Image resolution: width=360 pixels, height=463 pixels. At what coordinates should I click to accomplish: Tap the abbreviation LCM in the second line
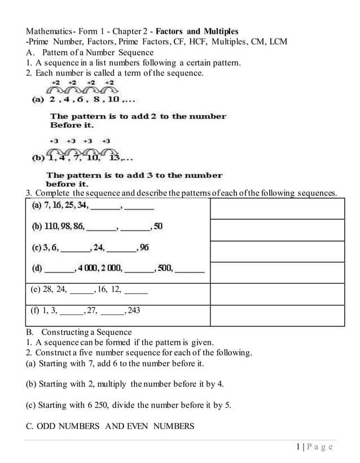click(277, 42)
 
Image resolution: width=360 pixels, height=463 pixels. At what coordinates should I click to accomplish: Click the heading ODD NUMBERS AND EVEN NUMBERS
click(109, 426)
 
